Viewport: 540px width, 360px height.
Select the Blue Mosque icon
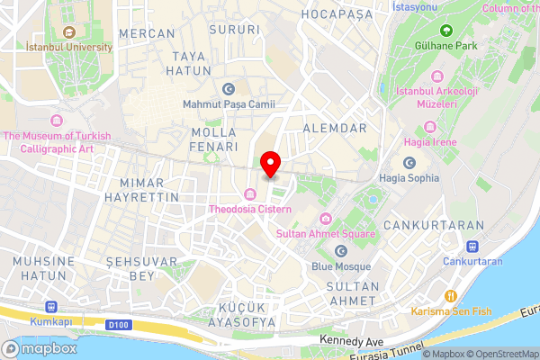point(341,251)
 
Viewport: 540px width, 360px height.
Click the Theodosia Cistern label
point(250,209)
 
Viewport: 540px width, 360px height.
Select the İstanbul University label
point(68,47)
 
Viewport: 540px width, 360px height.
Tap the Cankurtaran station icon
point(472,247)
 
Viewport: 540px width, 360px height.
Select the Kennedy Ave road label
point(351,342)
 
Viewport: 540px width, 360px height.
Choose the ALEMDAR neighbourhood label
point(336,129)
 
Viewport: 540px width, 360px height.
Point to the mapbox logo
point(40,348)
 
